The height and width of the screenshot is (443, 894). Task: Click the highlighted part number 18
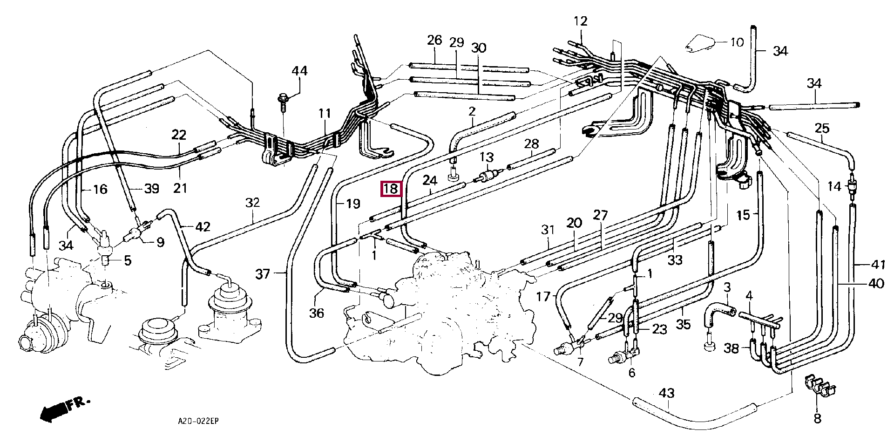(x=391, y=189)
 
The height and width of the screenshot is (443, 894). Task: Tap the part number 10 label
(x=737, y=42)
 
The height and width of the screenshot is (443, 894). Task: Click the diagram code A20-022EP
(x=198, y=421)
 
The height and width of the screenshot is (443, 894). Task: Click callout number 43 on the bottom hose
(x=667, y=393)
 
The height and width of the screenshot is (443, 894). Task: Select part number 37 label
(x=263, y=273)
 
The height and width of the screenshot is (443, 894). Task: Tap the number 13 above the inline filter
(x=487, y=157)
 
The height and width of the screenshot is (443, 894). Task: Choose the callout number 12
(x=581, y=21)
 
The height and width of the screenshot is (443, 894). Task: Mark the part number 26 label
(x=434, y=40)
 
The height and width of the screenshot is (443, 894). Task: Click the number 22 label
(x=179, y=135)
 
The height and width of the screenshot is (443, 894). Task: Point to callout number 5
(x=128, y=260)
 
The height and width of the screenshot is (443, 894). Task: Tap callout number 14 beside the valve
(x=834, y=186)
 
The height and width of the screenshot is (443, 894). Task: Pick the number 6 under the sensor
(x=632, y=373)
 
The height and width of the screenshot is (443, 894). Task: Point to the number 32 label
(x=252, y=203)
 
